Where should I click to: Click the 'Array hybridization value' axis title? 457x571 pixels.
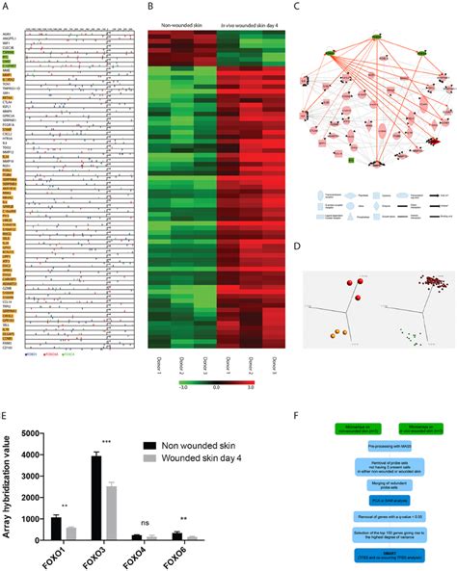tap(12, 487)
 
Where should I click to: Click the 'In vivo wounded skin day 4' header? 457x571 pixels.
tap(248, 17)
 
